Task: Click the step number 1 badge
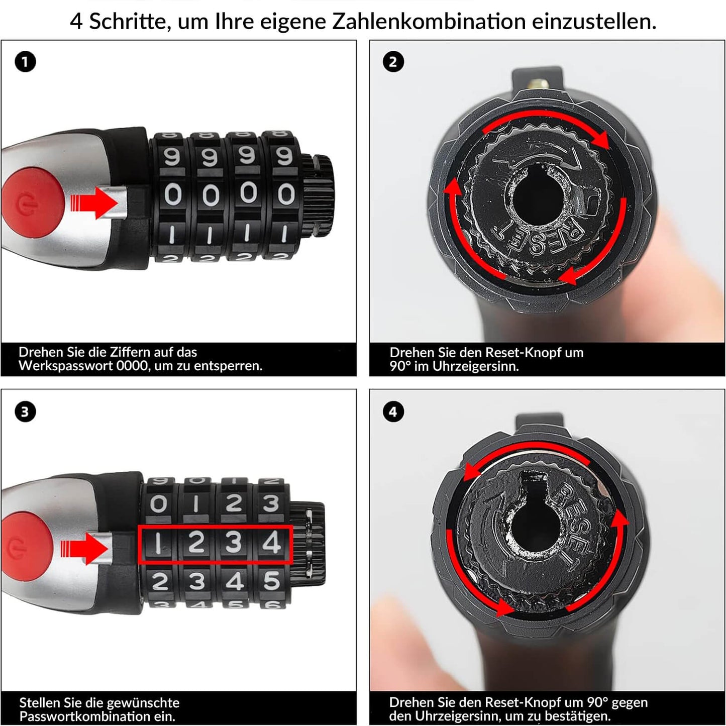[25, 62]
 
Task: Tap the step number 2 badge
[393, 62]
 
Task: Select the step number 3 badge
[25, 412]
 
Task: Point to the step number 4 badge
[393, 412]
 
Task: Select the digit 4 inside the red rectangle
[272, 543]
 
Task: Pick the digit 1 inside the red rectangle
[158, 543]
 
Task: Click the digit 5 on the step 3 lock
[272, 581]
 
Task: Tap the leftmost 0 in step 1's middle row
[172, 194]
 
